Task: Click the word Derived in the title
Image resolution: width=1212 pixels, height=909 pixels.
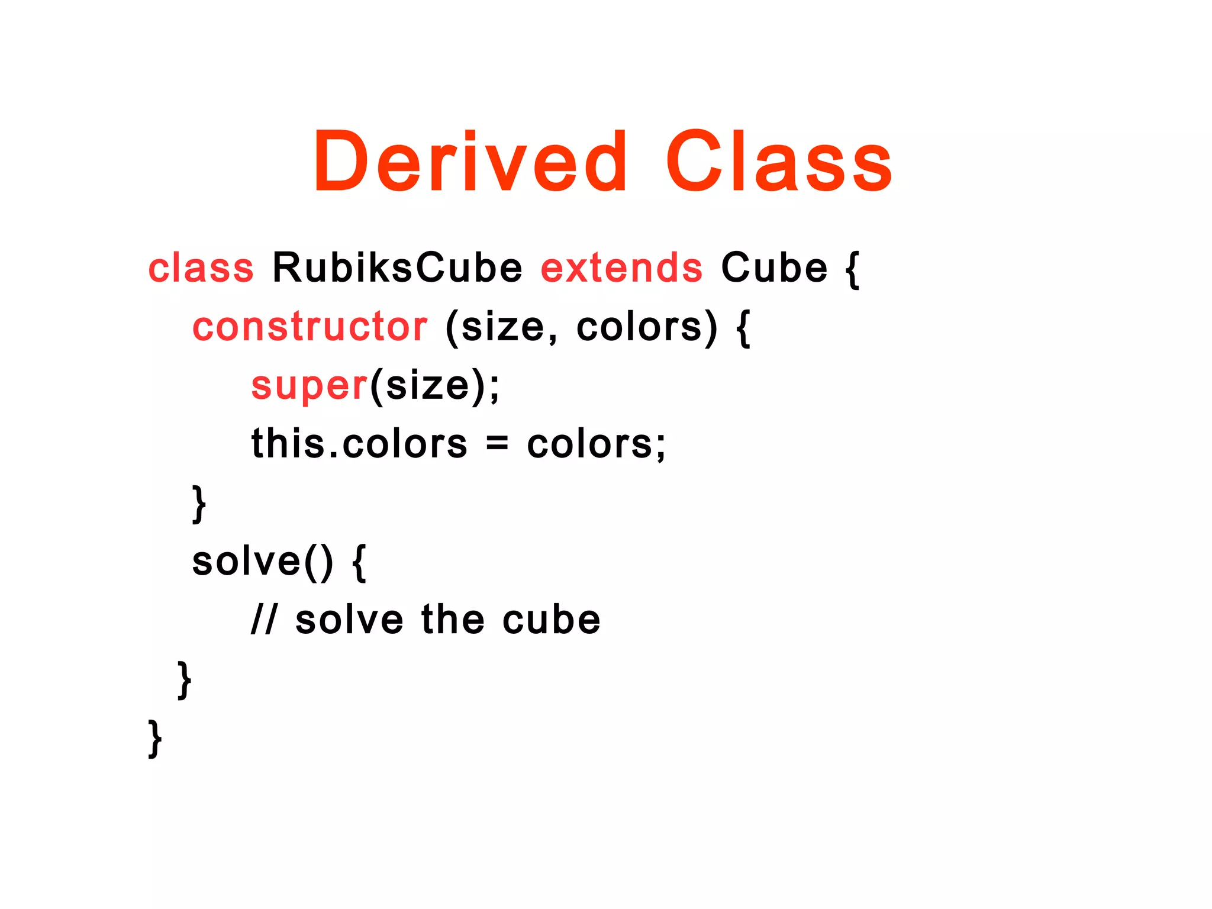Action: pos(469,162)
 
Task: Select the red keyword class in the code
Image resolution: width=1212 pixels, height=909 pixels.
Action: pos(201,268)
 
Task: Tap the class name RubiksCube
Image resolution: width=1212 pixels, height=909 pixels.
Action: pos(397,268)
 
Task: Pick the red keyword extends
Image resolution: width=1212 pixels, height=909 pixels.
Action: pos(621,268)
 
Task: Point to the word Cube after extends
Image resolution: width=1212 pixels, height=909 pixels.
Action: pos(774,268)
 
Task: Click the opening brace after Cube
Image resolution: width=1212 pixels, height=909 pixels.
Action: pos(852,269)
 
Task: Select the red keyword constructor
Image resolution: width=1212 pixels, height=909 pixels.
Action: pos(310,327)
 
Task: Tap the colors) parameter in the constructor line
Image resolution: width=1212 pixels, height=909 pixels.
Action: pos(647,327)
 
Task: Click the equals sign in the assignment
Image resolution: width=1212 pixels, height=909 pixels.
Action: pos(497,444)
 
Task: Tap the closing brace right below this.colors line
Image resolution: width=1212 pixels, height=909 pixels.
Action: pos(199,504)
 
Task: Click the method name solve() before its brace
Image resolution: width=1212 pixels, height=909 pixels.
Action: pos(263,562)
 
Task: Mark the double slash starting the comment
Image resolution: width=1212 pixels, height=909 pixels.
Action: pos(263,620)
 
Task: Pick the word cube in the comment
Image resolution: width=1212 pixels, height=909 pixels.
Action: pos(551,620)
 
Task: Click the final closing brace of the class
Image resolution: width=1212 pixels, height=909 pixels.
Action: pos(155,738)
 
